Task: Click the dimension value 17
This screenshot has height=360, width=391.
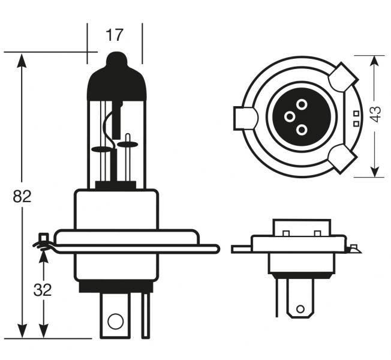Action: coord(114,35)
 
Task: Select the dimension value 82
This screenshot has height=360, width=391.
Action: coord(22,196)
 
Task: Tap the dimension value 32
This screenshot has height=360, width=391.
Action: coord(43,290)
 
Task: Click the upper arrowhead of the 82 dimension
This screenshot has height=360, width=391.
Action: coord(22,59)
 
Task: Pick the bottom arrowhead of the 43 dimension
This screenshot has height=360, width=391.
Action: coord(376,172)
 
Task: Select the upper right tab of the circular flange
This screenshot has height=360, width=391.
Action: coord(342,77)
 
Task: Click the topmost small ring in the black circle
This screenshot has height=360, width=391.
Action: coord(301,104)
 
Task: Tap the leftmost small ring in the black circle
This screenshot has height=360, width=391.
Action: coord(289,116)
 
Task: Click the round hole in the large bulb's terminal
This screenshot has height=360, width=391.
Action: coord(115,321)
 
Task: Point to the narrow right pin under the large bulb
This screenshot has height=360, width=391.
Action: coord(145,315)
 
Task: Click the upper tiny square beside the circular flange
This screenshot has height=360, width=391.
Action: coord(356,113)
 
